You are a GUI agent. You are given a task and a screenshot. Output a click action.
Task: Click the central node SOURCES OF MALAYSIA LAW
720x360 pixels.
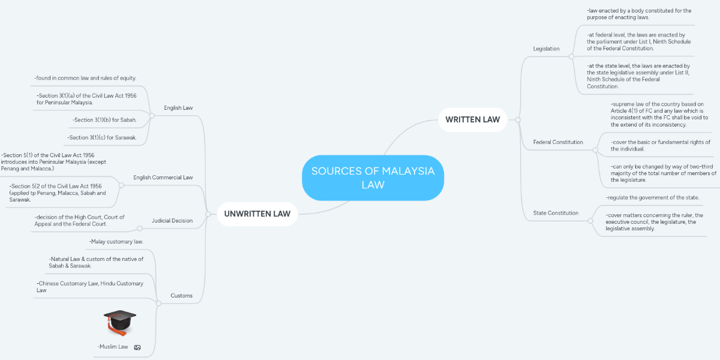[x=373, y=178]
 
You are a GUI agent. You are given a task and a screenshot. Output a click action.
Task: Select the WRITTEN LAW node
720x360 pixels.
[x=473, y=119]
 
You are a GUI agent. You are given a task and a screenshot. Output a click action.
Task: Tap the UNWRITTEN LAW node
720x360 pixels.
[x=257, y=214]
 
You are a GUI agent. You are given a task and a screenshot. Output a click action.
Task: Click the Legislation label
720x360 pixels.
[x=546, y=49]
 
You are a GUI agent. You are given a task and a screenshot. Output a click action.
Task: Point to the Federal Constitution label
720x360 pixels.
[x=558, y=142]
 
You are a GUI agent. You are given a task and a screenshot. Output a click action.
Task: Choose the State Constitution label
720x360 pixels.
[x=556, y=213]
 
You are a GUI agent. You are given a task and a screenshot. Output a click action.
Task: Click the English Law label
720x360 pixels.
[x=178, y=108]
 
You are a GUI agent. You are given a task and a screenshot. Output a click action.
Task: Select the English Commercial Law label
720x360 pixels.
[x=163, y=178]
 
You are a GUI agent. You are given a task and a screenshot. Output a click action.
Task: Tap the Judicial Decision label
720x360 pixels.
[x=172, y=221]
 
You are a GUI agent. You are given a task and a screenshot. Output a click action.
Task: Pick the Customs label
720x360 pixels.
[x=182, y=296]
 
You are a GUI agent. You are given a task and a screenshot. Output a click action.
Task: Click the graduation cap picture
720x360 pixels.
[x=120, y=323]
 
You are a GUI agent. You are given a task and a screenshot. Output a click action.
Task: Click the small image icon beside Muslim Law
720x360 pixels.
[x=137, y=347]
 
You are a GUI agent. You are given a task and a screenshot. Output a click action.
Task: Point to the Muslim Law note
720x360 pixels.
[x=113, y=347]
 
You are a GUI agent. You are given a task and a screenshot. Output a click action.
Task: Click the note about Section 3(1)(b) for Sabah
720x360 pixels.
[x=104, y=120]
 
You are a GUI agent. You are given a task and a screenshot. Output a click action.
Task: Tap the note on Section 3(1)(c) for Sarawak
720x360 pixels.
[x=101, y=137]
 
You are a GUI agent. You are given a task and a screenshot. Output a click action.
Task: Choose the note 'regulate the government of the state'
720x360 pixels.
[x=652, y=197]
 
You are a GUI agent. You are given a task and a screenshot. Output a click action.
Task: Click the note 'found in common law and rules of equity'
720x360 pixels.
[x=85, y=78]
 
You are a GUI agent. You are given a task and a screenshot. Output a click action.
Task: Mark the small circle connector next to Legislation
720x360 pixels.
[x=571, y=57]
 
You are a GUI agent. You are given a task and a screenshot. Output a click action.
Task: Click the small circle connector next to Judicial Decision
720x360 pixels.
[x=140, y=229]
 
